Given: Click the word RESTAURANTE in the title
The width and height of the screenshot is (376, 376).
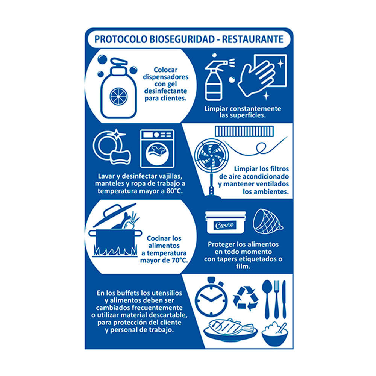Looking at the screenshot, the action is (253, 39).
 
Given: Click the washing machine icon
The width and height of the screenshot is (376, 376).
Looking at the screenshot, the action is (157, 149).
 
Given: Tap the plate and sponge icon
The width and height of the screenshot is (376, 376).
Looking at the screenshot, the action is (112, 147).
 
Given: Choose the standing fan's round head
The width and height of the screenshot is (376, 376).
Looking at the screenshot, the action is (211, 155).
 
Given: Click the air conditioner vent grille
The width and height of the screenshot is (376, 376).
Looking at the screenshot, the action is (244, 131).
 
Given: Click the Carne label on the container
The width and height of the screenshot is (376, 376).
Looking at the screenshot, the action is (224, 225).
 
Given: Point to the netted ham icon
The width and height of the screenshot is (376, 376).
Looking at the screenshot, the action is (268, 221).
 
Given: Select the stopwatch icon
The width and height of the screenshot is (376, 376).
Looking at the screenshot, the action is (211, 297).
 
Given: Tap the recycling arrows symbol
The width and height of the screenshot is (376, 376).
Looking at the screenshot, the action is (246, 298).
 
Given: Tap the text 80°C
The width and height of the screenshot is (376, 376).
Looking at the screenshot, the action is (174, 191).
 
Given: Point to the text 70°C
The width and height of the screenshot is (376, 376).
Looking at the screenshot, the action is (180, 261).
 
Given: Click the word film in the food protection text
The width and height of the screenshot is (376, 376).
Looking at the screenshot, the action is (243, 267).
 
